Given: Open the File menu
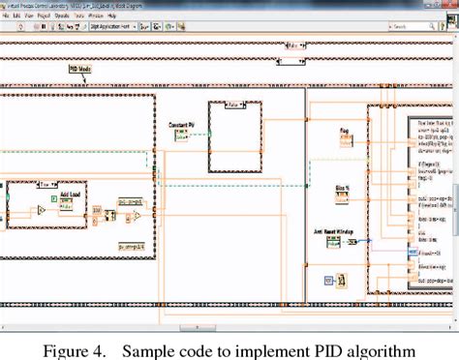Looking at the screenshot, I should click(x=6, y=15).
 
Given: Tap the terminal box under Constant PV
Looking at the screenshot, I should click(x=181, y=136).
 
